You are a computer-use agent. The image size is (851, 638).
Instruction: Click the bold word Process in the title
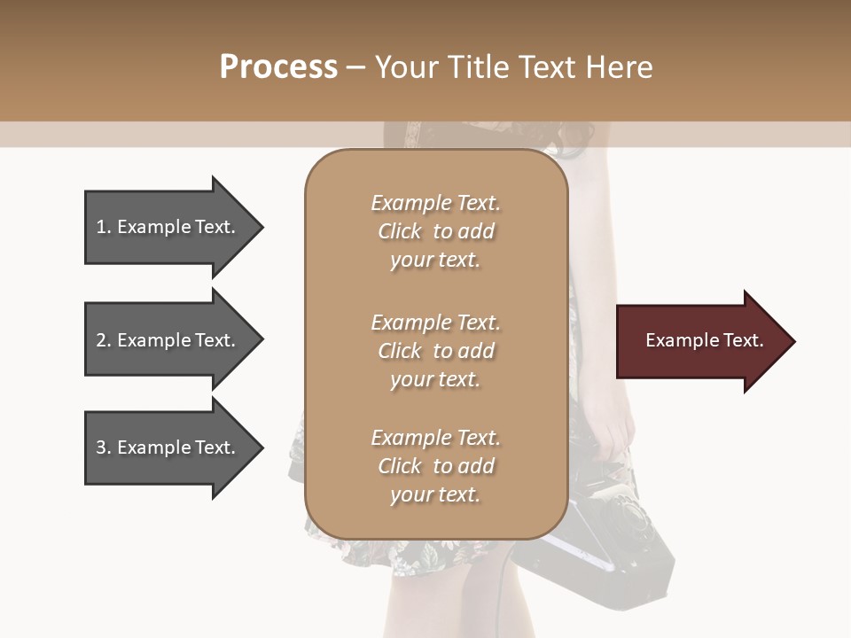pos(278,67)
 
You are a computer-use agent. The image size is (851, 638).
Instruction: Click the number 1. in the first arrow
pos(104,228)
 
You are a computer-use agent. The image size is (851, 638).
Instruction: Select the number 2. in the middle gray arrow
pos(104,340)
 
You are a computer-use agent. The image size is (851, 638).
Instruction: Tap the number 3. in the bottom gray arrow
pos(104,447)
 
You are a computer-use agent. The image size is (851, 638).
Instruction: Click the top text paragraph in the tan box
pos(435,231)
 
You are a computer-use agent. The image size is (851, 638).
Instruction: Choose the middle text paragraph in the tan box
pos(435,351)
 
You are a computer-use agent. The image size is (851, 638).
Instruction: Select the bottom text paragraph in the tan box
pos(435,466)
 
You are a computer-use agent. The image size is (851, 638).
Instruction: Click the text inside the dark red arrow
pos(705,341)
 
